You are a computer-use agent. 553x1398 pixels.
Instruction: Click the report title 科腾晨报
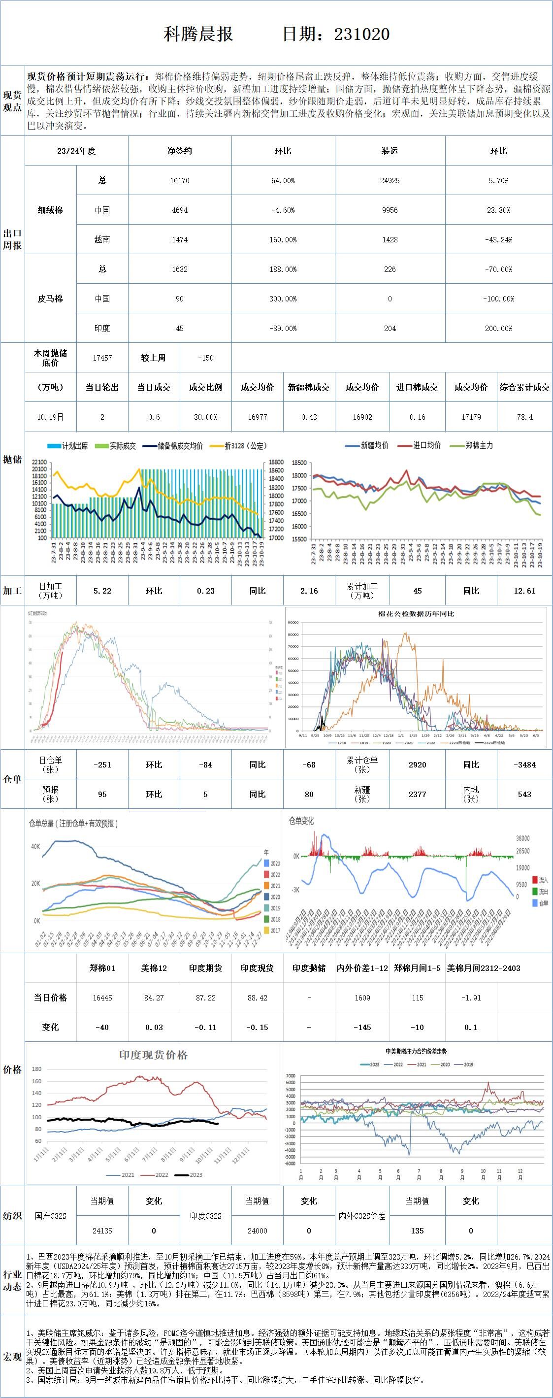(x=198, y=34)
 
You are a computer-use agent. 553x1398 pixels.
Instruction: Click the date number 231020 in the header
(x=361, y=34)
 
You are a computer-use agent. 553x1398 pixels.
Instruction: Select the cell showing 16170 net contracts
(x=180, y=181)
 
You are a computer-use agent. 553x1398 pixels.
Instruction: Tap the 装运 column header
(x=390, y=151)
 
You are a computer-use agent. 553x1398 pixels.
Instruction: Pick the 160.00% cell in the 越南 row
(x=283, y=240)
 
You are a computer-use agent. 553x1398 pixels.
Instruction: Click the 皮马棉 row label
(x=50, y=299)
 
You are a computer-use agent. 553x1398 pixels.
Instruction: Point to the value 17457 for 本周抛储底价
(x=102, y=358)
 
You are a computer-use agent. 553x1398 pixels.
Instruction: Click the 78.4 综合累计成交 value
(x=524, y=417)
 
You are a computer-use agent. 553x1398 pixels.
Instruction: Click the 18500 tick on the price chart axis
(x=299, y=463)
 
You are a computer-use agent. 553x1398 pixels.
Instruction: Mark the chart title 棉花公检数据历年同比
(x=416, y=614)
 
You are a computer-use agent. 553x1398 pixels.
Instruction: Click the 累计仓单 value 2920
(x=417, y=765)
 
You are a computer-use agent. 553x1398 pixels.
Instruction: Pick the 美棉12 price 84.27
(x=154, y=998)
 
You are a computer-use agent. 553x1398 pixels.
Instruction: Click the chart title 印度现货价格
(x=153, y=1055)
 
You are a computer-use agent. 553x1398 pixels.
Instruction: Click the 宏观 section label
(x=12, y=1356)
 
